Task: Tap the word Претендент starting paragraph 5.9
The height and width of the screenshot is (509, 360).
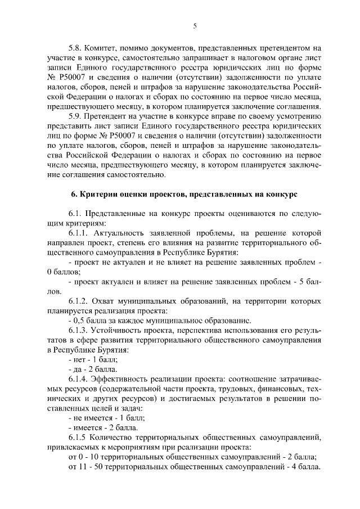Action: point(112,116)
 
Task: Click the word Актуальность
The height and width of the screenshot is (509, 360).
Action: point(124,232)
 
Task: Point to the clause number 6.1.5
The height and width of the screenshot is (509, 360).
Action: point(78,437)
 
